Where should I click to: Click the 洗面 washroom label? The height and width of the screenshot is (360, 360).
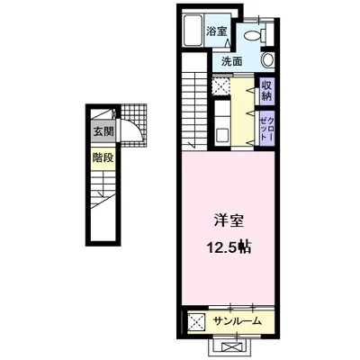click(233, 61)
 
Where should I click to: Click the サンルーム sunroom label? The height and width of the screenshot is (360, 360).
click(237, 321)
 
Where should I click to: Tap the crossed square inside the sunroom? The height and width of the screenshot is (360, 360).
click(195, 321)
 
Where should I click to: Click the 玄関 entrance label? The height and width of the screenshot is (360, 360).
click(101, 131)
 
